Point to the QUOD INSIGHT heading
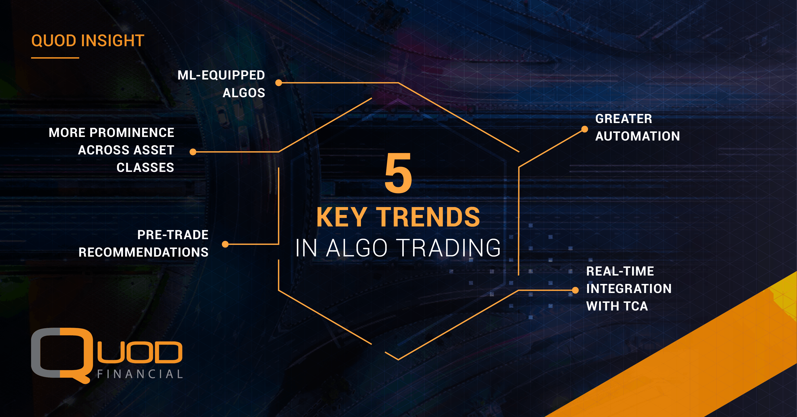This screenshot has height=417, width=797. (x=88, y=41)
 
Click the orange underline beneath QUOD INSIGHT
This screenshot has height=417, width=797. (x=55, y=58)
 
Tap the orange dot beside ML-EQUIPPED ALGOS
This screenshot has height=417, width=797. (x=278, y=83)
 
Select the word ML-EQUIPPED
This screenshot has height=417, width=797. (x=221, y=75)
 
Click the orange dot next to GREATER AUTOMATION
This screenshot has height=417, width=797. (x=584, y=129)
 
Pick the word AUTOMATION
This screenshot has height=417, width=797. (x=638, y=136)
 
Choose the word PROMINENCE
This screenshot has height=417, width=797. (x=132, y=133)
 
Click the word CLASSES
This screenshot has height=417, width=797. (x=145, y=168)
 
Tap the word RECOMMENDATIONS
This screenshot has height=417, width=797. (x=144, y=252)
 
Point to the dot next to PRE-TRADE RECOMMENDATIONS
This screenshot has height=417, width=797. (x=225, y=244)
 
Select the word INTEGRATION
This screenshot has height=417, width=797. (x=629, y=289)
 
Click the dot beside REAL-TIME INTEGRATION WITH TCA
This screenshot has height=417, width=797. (x=575, y=290)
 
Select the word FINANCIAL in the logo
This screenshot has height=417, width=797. (x=140, y=374)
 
